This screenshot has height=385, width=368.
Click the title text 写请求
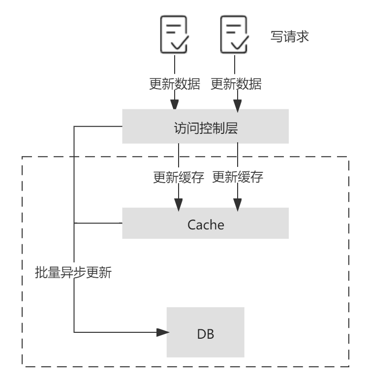pos(290,36)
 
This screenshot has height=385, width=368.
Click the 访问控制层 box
pos(205,127)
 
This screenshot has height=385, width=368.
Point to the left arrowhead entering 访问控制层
pos(175,104)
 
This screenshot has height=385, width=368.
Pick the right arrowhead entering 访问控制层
pos(237,104)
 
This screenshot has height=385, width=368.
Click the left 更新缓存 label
pos(178,177)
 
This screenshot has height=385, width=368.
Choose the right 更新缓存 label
pos(238,177)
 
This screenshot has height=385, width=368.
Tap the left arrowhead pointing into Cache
pos(178,204)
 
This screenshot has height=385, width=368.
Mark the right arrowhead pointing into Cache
pos(238,204)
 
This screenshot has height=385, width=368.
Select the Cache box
pos(205,224)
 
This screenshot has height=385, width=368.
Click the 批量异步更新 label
pos(74,272)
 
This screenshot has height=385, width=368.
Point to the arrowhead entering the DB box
pos(163,332)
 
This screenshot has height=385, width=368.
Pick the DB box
pos(205,333)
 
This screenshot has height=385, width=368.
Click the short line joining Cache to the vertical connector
pos(98,223)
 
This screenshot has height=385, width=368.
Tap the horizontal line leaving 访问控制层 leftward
pos(98,126)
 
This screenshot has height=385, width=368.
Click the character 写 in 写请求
pos(276,36)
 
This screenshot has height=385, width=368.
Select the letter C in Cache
pos(192,225)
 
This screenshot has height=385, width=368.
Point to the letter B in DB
pos(210,334)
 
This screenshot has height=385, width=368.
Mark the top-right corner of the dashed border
pos(348,157)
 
